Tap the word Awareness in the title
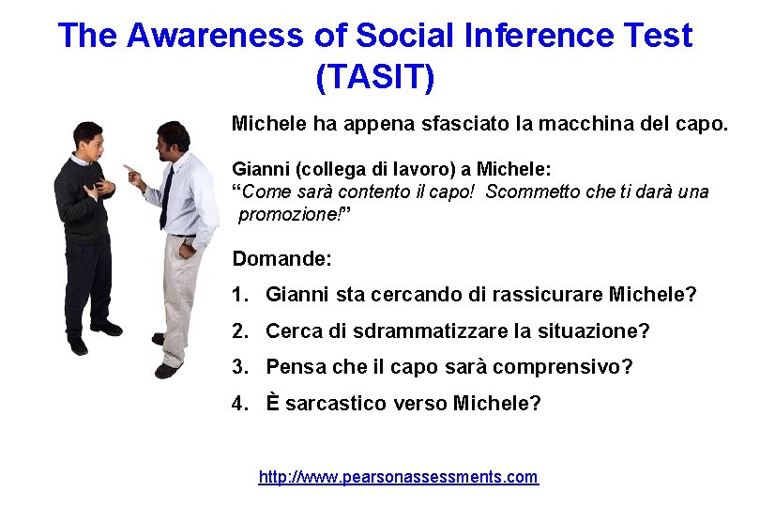click(x=215, y=36)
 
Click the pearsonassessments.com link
click(x=399, y=477)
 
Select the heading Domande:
click(x=282, y=258)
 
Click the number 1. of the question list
click(x=241, y=295)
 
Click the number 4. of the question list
click(x=241, y=404)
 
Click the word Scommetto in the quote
click(x=531, y=192)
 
